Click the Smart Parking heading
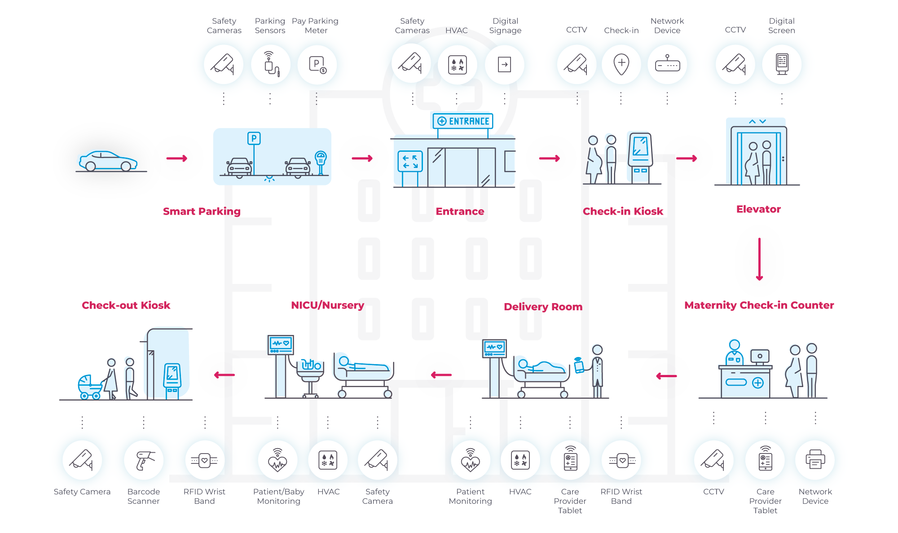pyautogui.click(x=202, y=211)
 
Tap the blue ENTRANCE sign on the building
pyautogui.click(x=463, y=121)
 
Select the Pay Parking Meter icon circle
pyautogui.click(x=317, y=65)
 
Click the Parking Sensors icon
pyautogui.click(x=270, y=65)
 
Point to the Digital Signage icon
pyautogui.click(x=505, y=65)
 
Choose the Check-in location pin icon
pyautogui.click(x=621, y=65)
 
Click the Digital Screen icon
pyautogui.click(x=782, y=65)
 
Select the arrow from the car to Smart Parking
pyautogui.click(x=176, y=159)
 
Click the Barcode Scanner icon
pyautogui.click(x=144, y=460)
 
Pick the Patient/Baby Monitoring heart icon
pyautogui.click(x=278, y=460)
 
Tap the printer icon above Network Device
pyautogui.click(x=815, y=460)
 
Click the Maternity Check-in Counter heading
pyautogui.click(x=759, y=305)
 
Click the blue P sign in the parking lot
pyautogui.click(x=254, y=138)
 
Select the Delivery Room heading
pyautogui.click(x=543, y=307)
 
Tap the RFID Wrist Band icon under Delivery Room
pyautogui.click(x=622, y=460)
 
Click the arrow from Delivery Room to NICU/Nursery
pyautogui.click(x=441, y=375)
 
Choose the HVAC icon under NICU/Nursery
pyautogui.click(x=328, y=460)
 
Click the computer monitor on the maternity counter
pyautogui.click(x=760, y=357)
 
